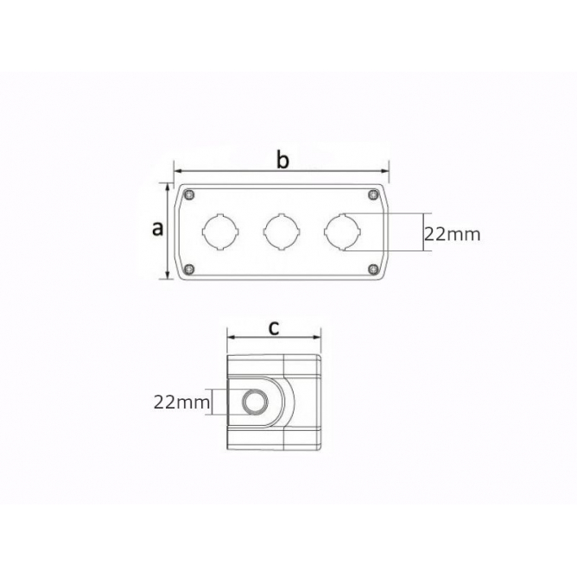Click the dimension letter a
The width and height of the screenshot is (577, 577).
pyautogui.click(x=157, y=229)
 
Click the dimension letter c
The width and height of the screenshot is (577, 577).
pyautogui.click(x=274, y=328)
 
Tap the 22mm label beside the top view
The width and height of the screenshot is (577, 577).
pyautogui.click(x=453, y=234)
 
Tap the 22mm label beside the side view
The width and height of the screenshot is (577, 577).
pyautogui.click(x=181, y=403)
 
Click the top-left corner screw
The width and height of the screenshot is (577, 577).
pyautogui.click(x=189, y=194)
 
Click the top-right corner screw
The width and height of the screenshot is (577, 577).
pyautogui.click(x=373, y=194)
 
